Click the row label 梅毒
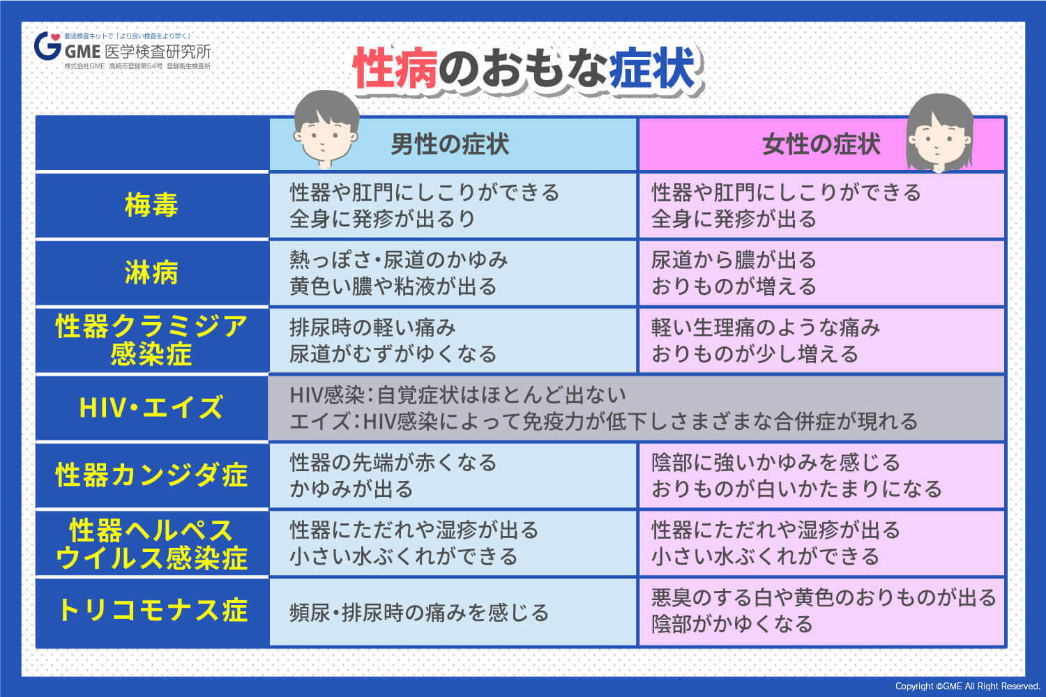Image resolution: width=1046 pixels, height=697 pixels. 151,206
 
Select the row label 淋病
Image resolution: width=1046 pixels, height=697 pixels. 151,273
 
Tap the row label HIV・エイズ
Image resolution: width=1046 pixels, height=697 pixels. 151,408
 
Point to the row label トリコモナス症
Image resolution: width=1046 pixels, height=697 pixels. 151,611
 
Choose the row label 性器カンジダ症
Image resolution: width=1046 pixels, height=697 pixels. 151,475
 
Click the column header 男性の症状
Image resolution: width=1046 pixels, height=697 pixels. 450,144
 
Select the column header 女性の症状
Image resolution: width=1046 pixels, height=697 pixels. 821,144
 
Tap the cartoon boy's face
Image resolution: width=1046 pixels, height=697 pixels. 325,132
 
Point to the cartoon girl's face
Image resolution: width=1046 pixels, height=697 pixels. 939,136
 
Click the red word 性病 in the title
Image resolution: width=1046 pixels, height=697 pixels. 395,70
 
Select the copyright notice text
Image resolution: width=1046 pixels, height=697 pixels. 967,687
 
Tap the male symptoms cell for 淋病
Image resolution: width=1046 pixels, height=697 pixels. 453,273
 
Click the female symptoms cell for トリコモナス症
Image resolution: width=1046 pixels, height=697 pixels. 821,611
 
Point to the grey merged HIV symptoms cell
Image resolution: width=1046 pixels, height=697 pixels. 636,408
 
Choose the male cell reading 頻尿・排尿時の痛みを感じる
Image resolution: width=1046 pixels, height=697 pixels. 419,613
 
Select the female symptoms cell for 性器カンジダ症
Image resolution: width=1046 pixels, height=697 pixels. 821,475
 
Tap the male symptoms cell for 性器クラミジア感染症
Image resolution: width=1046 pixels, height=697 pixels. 453,341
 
